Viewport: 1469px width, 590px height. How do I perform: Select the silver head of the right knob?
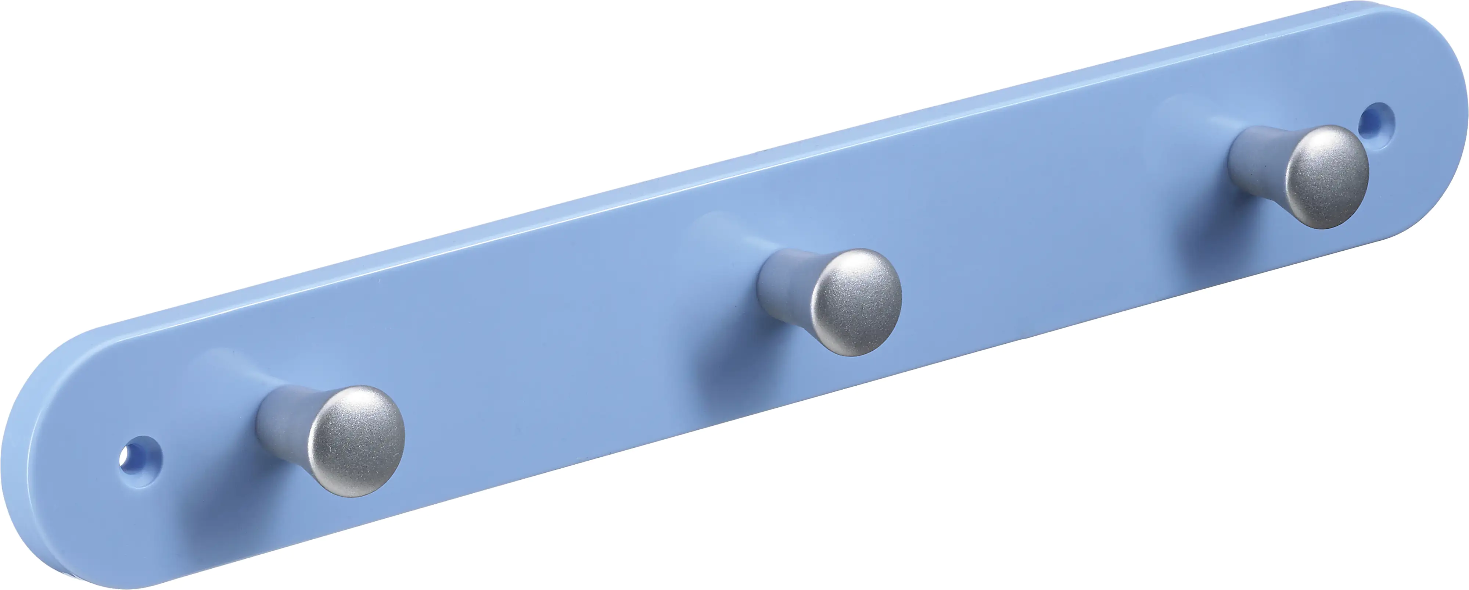point(1329,177)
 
